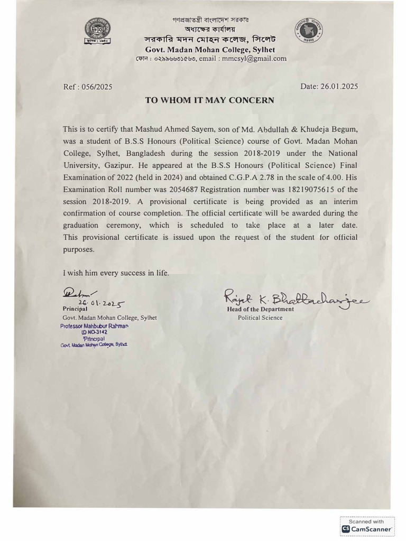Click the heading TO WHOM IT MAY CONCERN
(x=209, y=100)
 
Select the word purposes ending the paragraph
(x=79, y=249)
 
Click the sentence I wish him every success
(x=116, y=273)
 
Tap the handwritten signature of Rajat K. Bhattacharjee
(x=296, y=300)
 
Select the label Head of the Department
(x=260, y=309)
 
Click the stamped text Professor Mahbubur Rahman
(x=95, y=326)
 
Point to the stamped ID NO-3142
(x=94, y=332)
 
